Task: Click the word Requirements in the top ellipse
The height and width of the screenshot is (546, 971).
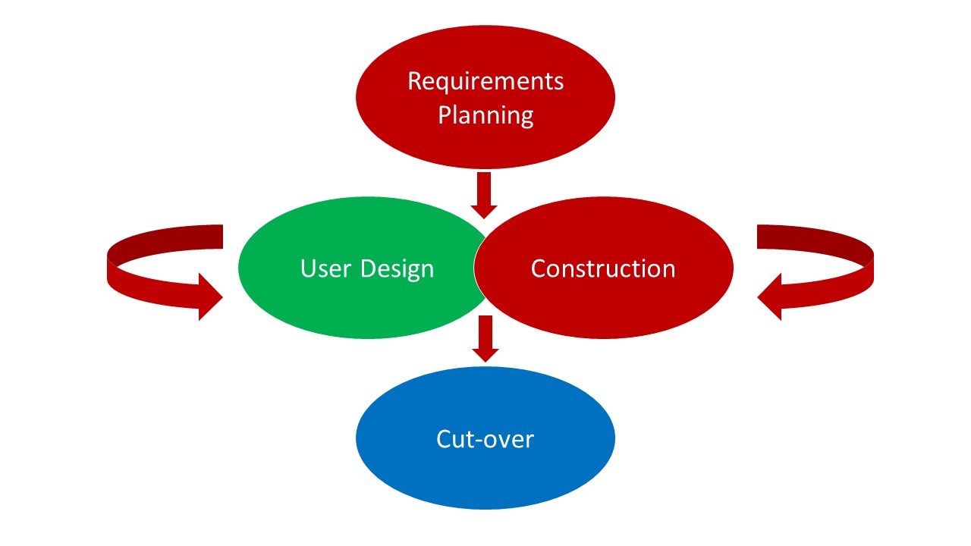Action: tap(485, 81)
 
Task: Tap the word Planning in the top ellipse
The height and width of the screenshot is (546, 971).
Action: tap(485, 116)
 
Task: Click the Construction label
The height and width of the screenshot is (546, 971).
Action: tap(603, 268)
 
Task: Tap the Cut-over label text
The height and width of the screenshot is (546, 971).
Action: tap(485, 439)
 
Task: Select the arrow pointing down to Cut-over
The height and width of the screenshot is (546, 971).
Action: tap(485, 338)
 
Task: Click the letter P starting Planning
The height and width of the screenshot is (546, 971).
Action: tap(445, 116)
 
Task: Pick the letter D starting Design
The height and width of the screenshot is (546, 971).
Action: tap(367, 268)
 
